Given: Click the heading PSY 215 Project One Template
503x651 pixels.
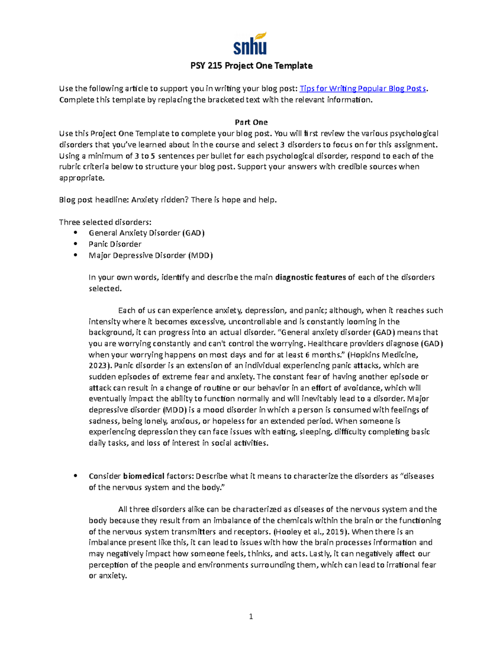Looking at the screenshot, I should click(251, 66).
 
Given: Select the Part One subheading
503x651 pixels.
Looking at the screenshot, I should click(251, 122).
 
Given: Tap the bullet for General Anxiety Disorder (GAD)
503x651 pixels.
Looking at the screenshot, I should click(75, 233).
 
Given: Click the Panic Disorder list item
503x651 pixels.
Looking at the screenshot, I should click(115, 244).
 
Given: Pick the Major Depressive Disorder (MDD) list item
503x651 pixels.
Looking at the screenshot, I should click(150, 255).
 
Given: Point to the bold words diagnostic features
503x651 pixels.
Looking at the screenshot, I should click(310, 277).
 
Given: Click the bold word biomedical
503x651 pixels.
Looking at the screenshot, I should click(144, 476).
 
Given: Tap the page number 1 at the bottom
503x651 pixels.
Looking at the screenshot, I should click(251, 616).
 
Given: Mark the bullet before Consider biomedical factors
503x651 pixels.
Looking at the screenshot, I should click(75, 476).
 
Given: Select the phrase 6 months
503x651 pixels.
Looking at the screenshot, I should click(321, 355).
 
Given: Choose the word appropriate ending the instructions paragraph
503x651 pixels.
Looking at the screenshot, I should click(81, 178).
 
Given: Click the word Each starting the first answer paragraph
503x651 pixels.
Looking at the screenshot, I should click(127, 311).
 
